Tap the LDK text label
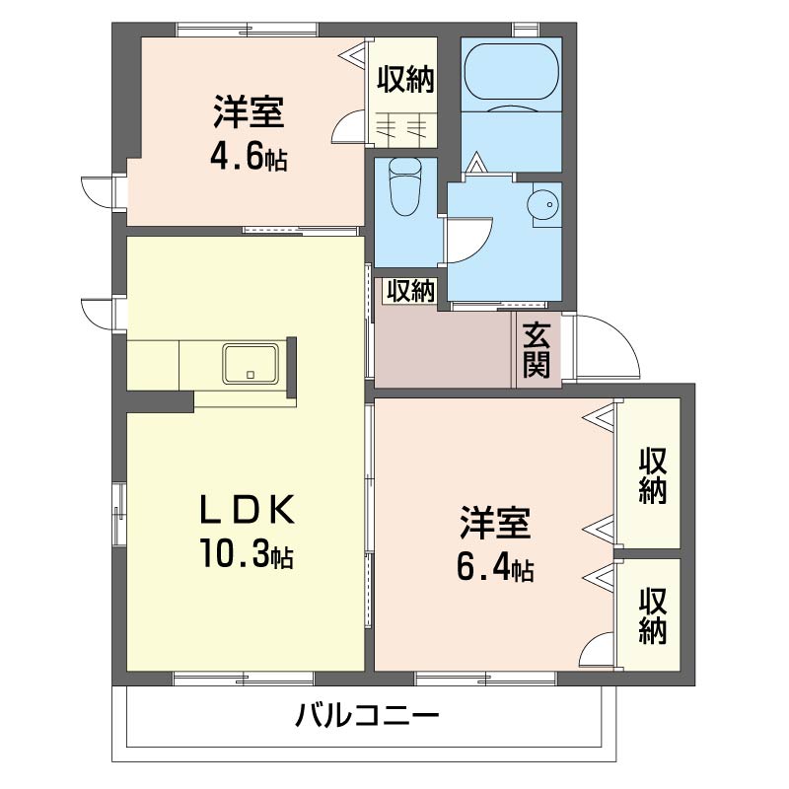[247, 509]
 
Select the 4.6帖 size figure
[248, 158]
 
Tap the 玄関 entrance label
[537, 350]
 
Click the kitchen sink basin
[251, 363]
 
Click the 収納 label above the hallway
[409, 291]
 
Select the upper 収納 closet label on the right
[652, 475]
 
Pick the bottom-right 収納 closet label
[652, 615]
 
